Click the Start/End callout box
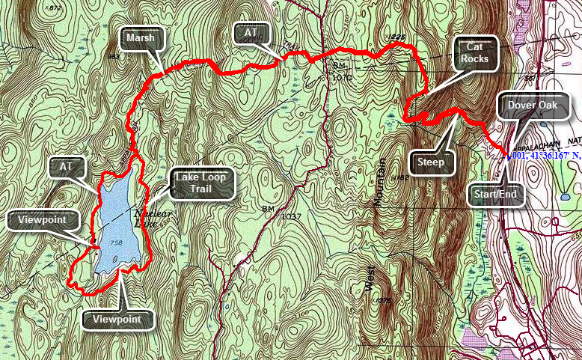pos(497,196)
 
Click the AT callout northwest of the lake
pos(76,166)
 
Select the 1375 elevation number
pos(384,301)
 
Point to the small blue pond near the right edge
pos(563,197)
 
